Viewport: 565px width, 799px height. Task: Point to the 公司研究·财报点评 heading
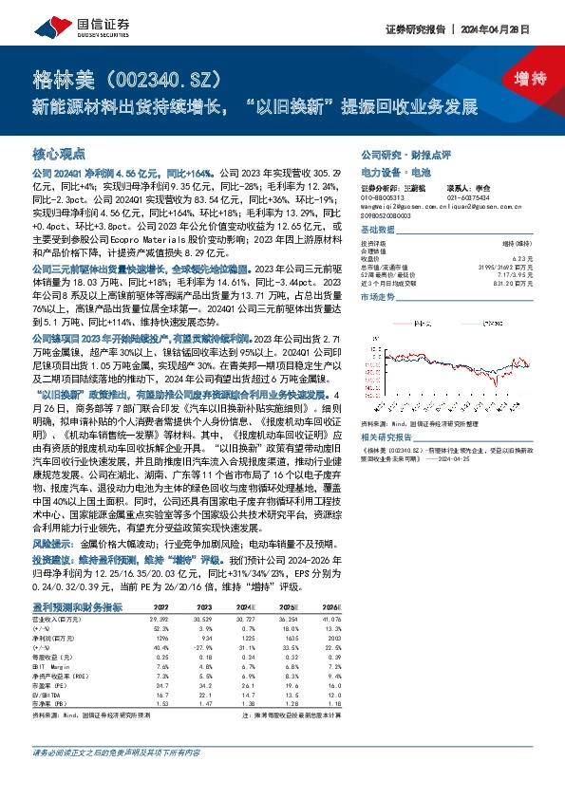click(395, 154)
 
